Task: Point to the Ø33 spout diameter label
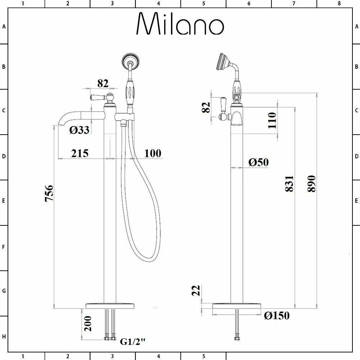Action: tap(79, 130)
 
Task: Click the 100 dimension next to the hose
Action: tap(153, 153)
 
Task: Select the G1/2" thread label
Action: tap(132, 341)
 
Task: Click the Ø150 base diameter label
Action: tap(276, 316)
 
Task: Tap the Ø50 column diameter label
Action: tap(258, 162)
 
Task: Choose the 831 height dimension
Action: tap(290, 183)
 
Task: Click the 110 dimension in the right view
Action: tap(272, 121)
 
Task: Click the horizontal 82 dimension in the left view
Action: tap(103, 83)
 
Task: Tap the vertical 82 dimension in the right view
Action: tap(206, 107)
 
